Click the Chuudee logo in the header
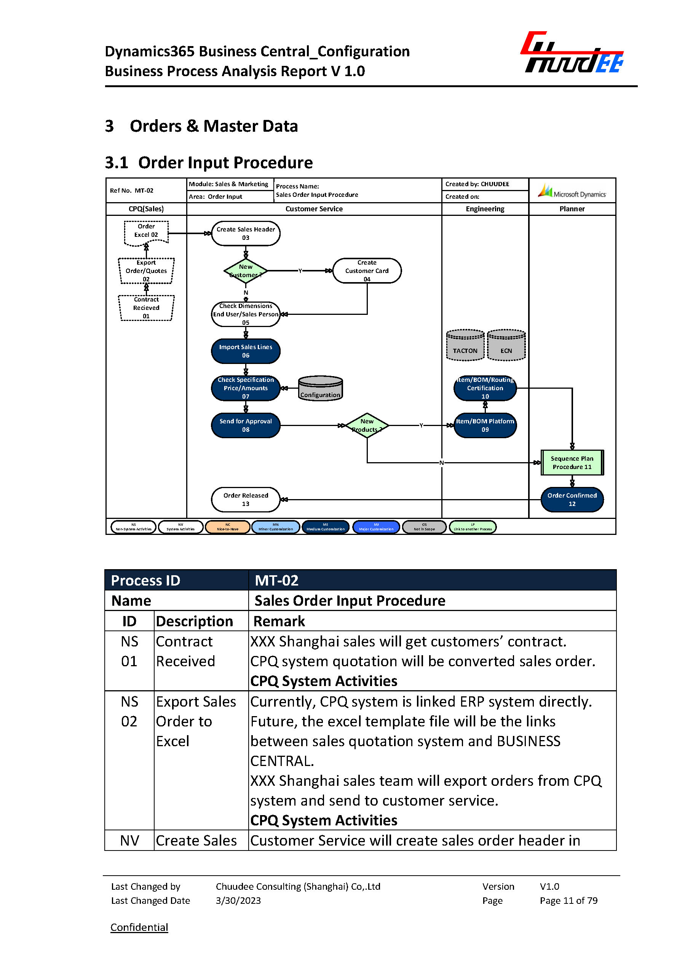tap(572, 53)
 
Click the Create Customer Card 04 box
tap(367, 271)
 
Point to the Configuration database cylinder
tap(320, 388)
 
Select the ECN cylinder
tap(506, 345)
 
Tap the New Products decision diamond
tap(367, 425)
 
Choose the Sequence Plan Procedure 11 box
tap(572, 463)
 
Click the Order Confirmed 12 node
tap(572, 499)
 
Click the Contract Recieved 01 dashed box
tap(146, 308)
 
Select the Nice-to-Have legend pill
tap(227, 527)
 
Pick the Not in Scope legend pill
tap(424, 527)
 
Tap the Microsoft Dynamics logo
tap(572, 191)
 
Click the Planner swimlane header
tap(572, 209)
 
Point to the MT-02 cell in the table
tap(276, 580)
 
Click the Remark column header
tap(279, 621)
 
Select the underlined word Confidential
tap(139, 927)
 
